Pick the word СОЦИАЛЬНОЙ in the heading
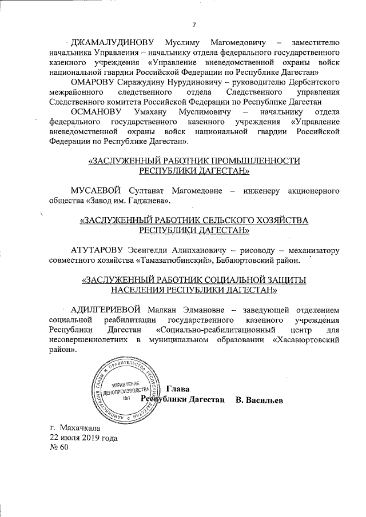[x=226, y=280]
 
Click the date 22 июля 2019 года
[x=84, y=437]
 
